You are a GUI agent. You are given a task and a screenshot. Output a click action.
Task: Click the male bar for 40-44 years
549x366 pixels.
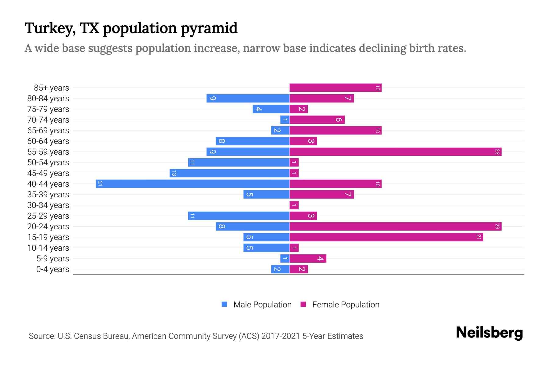(192, 184)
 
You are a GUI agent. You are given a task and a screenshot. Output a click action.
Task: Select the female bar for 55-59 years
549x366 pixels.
(395, 152)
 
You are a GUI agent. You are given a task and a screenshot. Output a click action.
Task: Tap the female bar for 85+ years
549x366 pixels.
(335, 88)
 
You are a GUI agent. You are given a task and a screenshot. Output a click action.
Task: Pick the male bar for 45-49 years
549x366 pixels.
(229, 173)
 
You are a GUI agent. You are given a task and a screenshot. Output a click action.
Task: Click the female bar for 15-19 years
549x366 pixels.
(386, 237)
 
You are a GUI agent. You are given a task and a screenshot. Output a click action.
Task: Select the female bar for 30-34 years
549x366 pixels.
(294, 205)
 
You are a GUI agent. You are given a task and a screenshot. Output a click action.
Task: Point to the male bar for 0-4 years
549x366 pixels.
(280, 269)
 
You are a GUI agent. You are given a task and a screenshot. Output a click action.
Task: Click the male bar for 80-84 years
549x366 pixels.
(248, 98)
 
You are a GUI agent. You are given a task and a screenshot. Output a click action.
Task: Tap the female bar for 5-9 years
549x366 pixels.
(308, 258)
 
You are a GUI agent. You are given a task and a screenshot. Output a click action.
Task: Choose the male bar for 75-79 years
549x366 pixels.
(271, 109)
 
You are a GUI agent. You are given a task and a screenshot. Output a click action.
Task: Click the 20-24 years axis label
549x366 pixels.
(48, 227)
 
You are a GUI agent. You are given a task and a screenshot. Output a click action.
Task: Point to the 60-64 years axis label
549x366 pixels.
(48, 141)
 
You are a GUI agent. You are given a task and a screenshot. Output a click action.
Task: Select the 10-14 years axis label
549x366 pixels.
(48, 248)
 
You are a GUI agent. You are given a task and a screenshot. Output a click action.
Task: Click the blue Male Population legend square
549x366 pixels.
(224, 304)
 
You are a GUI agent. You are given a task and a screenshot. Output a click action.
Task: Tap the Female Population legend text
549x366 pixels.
(346, 304)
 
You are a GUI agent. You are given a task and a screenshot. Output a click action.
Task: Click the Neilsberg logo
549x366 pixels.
(489, 332)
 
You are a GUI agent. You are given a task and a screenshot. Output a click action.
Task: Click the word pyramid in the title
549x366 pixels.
(209, 28)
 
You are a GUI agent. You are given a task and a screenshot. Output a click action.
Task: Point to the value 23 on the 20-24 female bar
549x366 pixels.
(497, 226)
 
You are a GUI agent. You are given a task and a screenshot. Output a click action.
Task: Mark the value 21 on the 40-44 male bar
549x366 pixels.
(100, 184)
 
